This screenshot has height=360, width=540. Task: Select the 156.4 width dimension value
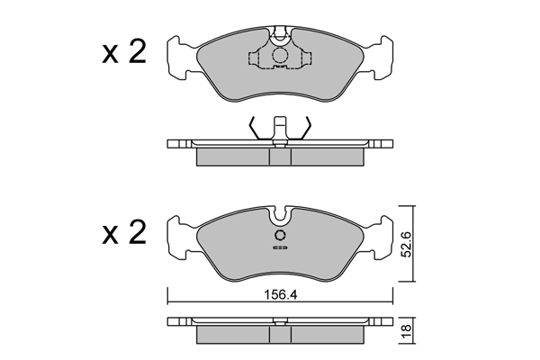[x=281, y=292]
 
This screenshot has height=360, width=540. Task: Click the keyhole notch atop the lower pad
[x=281, y=216]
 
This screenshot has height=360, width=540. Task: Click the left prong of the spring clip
[x=256, y=129]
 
